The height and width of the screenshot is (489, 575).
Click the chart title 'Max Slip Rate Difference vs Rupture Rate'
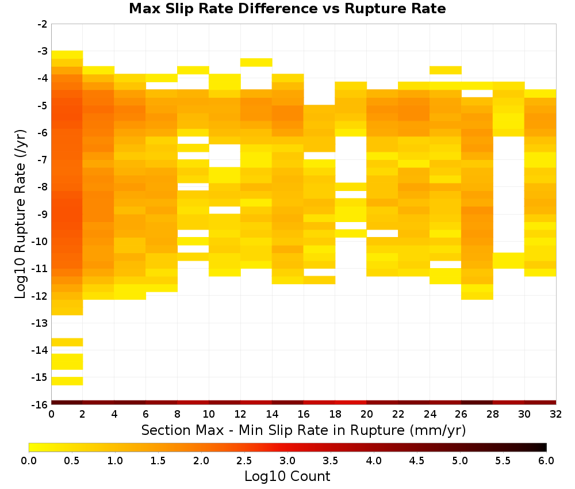[287, 9]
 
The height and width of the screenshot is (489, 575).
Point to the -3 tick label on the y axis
[43, 51]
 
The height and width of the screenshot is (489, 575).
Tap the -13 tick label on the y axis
[40, 323]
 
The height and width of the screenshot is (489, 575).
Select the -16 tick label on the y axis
[40, 404]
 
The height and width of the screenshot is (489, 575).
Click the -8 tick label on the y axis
[43, 187]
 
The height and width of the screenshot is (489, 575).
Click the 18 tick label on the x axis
[335, 414]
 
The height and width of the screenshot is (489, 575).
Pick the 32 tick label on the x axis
[556, 414]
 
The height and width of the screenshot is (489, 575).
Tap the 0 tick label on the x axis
[51, 414]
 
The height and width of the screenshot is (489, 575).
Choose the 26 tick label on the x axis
[461, 414]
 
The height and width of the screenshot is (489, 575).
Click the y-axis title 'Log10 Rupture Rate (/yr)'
[21, 214]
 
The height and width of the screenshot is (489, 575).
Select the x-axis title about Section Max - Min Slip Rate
[304, 430]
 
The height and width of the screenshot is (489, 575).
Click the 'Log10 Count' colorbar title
[287, 476]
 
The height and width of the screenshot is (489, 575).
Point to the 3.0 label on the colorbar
[287, 460]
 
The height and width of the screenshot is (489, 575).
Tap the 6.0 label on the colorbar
[546, 460]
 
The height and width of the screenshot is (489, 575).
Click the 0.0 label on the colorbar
[29, 460]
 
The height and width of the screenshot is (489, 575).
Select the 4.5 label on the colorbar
[416, 460]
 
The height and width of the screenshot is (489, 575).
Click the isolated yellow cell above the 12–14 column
[256, 62]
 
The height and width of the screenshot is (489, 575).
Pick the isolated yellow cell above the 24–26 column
[446, 70]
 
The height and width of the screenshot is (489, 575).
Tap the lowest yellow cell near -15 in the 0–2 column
[67, 381]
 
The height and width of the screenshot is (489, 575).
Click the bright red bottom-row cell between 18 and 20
[351, 403]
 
